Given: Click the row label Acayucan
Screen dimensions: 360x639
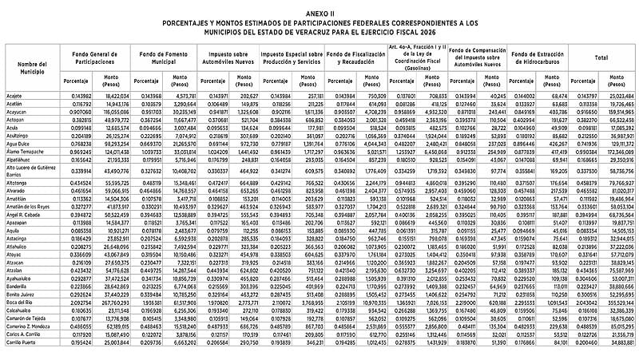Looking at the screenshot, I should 18,112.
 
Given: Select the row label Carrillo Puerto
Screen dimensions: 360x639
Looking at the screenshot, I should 22,342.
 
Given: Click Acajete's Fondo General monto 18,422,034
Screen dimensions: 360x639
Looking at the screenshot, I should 117,95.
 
